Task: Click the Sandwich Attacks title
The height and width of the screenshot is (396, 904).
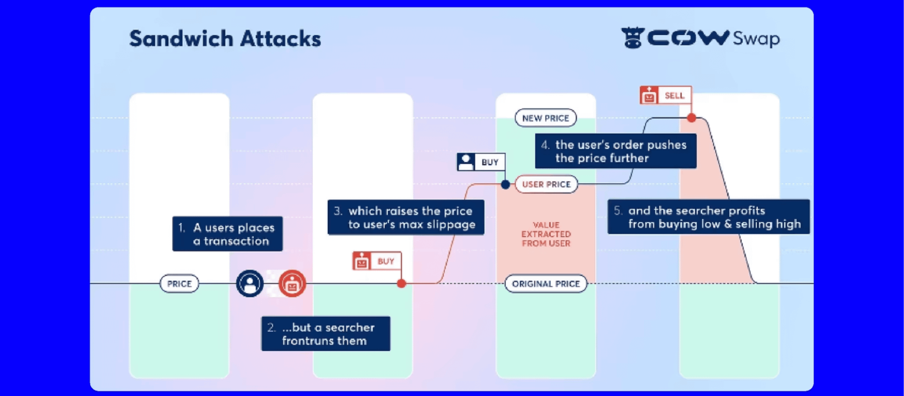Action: pyautogui.click(x=225, y=38)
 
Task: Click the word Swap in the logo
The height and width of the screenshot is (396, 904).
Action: pyautogui.click(x=756, y=39)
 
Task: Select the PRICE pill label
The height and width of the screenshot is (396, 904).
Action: pyautogui.click(x=179, y=284)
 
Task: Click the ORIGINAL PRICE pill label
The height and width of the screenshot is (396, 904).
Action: pyautogui.click(x=545, y=284)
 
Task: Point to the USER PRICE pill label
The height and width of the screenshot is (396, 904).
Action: pyautogui.click(x=546, y=184)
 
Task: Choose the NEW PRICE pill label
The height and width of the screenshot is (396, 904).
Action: pyautogui.click(x=545, y=118)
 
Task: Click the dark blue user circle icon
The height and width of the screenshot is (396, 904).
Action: pyautogui.click(x=250, y=283)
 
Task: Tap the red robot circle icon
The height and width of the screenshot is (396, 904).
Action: pyautogui.click(x=292, y=283)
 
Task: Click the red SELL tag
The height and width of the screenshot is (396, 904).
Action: pyautogui.click(x=665, y=95)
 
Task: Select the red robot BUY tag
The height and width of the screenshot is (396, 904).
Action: pyautogui.click(x=377, y=261)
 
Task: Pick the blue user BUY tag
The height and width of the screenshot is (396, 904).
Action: pyautogui.click(x=481, y=162)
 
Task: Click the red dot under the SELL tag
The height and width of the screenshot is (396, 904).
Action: pyautogui.click(x=691, y=118)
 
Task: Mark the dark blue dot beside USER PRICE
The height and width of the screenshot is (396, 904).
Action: pyautogui.click(x=506, y=184)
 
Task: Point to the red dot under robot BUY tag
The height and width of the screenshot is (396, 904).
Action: pyautogui.click(x=402, y=283)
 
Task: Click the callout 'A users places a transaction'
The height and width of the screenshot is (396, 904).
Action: pyautogui.click(x=227, y=234)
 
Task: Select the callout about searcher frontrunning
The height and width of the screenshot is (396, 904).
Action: pyautogui.click(x=326, y=334)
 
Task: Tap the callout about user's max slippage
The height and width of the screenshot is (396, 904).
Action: pyautogui.click(x=406, y=217)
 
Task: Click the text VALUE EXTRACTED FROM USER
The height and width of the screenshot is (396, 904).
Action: pyautogui.click(x=546, y=234)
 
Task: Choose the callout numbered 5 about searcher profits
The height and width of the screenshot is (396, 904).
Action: pyautogui.click(x=708, y=217)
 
